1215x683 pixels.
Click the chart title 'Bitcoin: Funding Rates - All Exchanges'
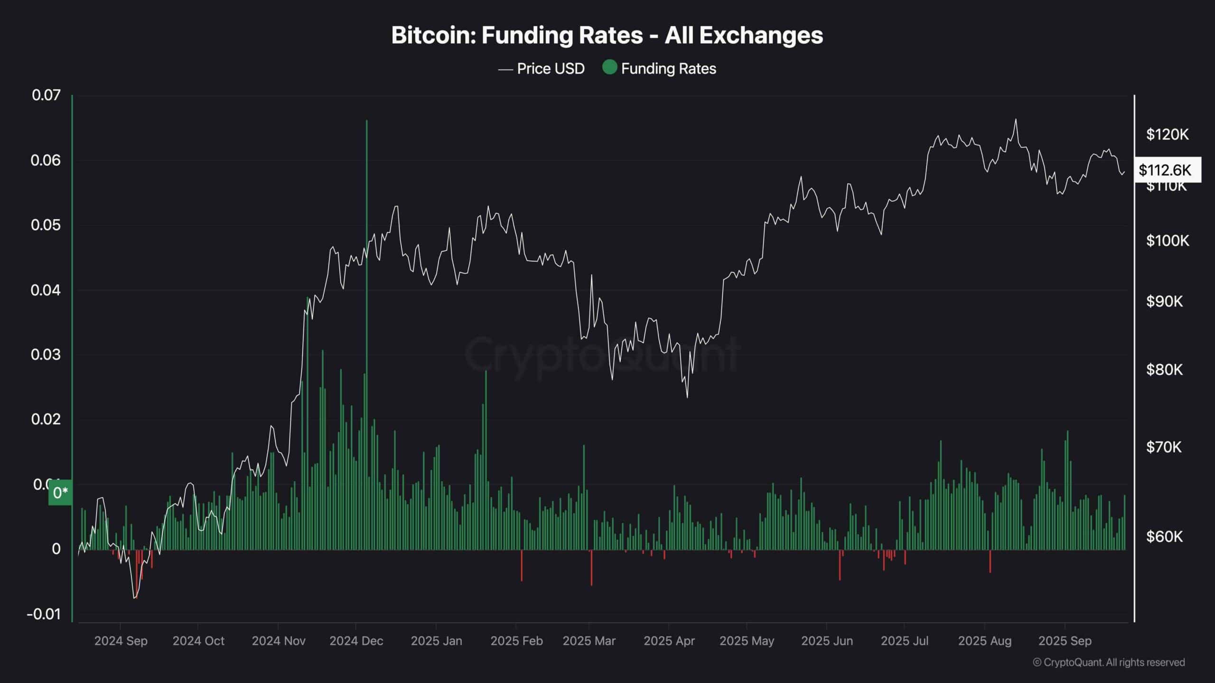(607, 36)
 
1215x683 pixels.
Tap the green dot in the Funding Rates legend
(609, 67)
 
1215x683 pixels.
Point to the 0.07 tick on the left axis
(46, 95)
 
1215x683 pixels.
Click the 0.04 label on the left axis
(46, 290)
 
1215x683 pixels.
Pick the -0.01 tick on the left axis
(44, 614)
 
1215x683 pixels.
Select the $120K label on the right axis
(1167, 135)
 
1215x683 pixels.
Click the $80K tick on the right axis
(1164, 369)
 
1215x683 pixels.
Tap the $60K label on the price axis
(1164, 536)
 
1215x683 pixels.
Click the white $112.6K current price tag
(1167, 170)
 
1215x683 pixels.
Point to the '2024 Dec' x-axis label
(356, 641)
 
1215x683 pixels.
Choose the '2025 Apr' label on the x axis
(669, 641)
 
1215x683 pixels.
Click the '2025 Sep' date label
(1065, 641)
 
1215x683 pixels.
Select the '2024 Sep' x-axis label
(121, 641)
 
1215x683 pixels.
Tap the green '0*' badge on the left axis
(60, 493)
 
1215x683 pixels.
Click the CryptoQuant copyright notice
(1109, 662)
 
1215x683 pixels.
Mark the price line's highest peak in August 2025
(1016, 120)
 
